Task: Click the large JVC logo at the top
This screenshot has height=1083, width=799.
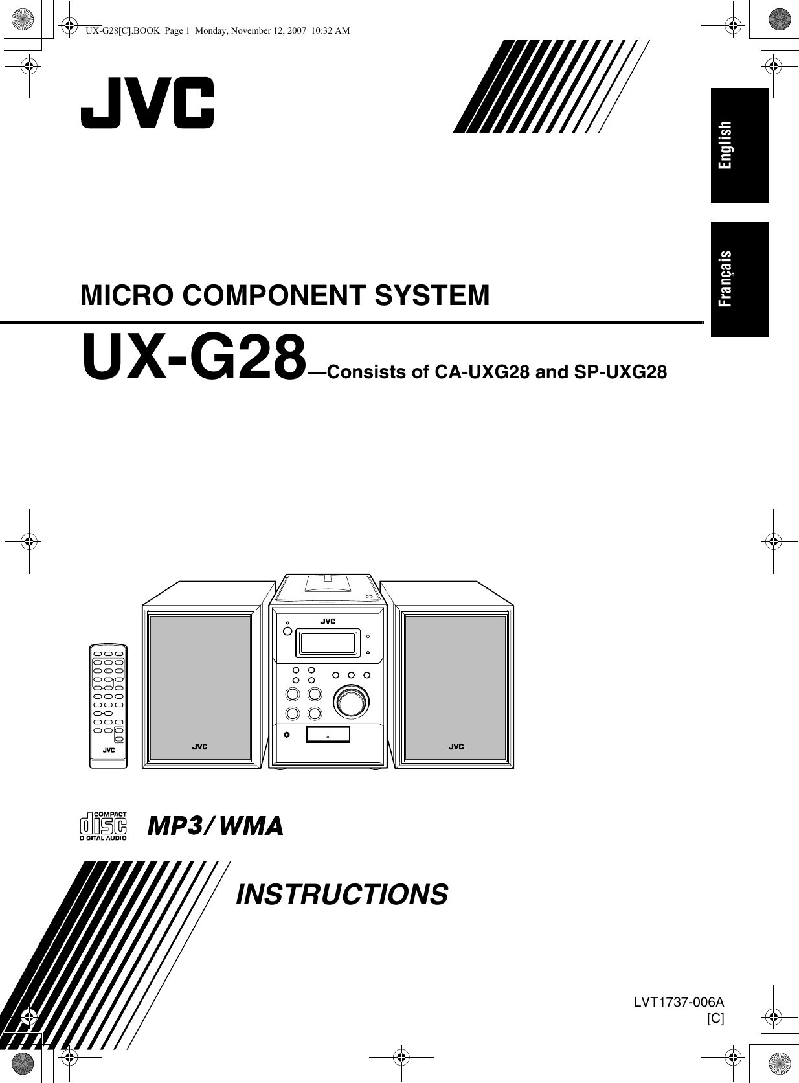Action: [147, 102]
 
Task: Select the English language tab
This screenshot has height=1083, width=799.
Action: [739, 145]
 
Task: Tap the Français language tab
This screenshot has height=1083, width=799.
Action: [739, 279]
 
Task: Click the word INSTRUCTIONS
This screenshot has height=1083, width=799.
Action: [342, 894]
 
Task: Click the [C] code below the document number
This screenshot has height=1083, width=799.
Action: [715, 1018]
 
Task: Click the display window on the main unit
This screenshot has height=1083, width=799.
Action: [326, 643]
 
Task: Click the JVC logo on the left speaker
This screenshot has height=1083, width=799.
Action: [199, 747]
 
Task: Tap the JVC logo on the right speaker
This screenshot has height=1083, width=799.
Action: [456, 747]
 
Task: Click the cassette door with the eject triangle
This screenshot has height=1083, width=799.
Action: [328, 735]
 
